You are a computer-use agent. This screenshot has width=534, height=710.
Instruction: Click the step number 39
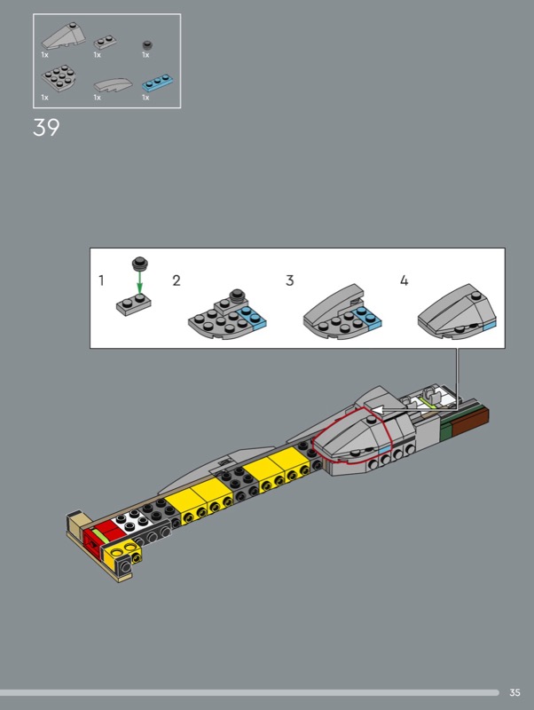(x=46, y=127)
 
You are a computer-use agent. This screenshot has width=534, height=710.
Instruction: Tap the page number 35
(x=514, y=692)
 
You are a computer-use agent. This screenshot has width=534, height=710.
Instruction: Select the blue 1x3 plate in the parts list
(x=158, y=82)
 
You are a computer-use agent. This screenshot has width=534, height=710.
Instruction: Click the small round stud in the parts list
(x=147, y=44)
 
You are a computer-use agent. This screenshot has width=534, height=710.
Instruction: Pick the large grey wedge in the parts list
(x=63, y=35)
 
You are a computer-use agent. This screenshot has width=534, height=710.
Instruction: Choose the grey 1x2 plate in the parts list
(x=106, y=42)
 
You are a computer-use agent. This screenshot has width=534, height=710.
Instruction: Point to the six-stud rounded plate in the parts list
(x=59, y=78)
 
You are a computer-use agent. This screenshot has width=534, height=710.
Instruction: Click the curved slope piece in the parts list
(x=114, y=84)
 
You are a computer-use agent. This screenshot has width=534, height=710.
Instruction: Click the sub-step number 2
(x=177, y=280)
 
